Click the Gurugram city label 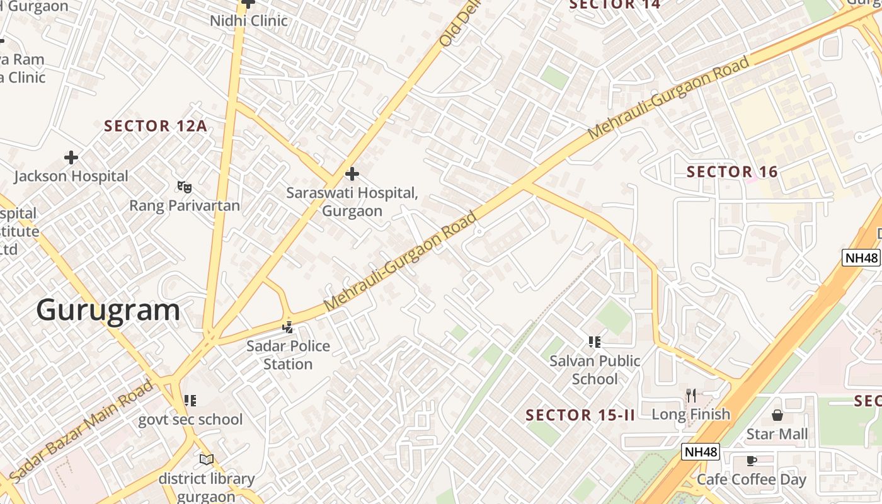pyautogui.click(x=108, y=311)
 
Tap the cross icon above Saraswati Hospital pyautogui.click(x=352, y=173)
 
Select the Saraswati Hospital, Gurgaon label pyautogui.click(x=352, y=202)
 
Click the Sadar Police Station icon pyautogui.click(x=288, y=327)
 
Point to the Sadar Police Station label pyautogui.click(x=288, y=355)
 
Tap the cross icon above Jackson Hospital pyautogui.click(x=71, y=157)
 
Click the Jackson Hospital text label pyautogui.click(x=71, y=176)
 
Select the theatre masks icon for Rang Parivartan pyautogui.click(x=184, y=186)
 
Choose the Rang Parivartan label pyautogui.click(x=185, y=205)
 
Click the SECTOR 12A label pyautogui.click(x=155, y=126)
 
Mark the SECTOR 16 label pyautogui.click(x=732, y=171)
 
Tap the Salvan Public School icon pyautogui.click(x=595, y=342)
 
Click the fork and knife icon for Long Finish pyautogui.click(x=691, y=396)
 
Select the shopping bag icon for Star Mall pyautogui.click(x=777, y=415)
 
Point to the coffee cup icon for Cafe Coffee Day pyautogui.click(x=751, y=461)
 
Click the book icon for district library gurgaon pyautogui.click(x=207, y=459)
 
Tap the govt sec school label pyautogui.click(x=190, y=420)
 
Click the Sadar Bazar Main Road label pyautogui.click(x=82, y=431)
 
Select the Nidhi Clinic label pyautogui.click(x=249, y=21)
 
